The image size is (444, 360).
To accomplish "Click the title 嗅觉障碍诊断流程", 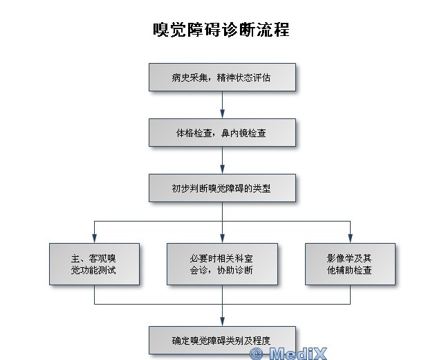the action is pos(221,30).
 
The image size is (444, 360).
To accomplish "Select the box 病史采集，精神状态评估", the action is pos(222,77).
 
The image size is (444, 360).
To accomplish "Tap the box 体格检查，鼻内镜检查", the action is pos(222,133).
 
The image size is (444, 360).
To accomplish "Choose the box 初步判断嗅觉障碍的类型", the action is pos(222,188).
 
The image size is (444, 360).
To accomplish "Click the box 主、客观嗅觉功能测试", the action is pos(94,264).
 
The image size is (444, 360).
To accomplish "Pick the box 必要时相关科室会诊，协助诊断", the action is pos(222,264).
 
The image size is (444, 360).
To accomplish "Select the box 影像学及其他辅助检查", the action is pos(350,264).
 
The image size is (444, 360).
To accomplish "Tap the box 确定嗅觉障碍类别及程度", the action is pos(222,340).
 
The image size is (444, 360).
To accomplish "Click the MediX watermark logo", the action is pos(288,353).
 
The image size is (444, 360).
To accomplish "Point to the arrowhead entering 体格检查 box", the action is pos(222,114).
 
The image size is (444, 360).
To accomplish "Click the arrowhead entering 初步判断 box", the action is pos(222,170).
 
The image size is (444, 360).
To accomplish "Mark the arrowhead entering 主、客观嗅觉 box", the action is pos(94,239).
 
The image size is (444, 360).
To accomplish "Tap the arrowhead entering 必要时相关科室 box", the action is pos(222,239).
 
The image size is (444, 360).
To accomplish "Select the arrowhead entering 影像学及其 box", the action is pos(350,239).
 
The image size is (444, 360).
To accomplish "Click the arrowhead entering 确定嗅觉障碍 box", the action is pos(222,322).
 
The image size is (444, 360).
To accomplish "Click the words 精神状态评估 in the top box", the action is pos(243,78).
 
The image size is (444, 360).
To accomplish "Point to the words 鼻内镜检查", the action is pos(243,133).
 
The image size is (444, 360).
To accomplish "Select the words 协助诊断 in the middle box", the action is pos(234,270).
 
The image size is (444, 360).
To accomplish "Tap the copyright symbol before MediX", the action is pos(257,354).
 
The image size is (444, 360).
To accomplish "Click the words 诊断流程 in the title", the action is pos(255,30).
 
